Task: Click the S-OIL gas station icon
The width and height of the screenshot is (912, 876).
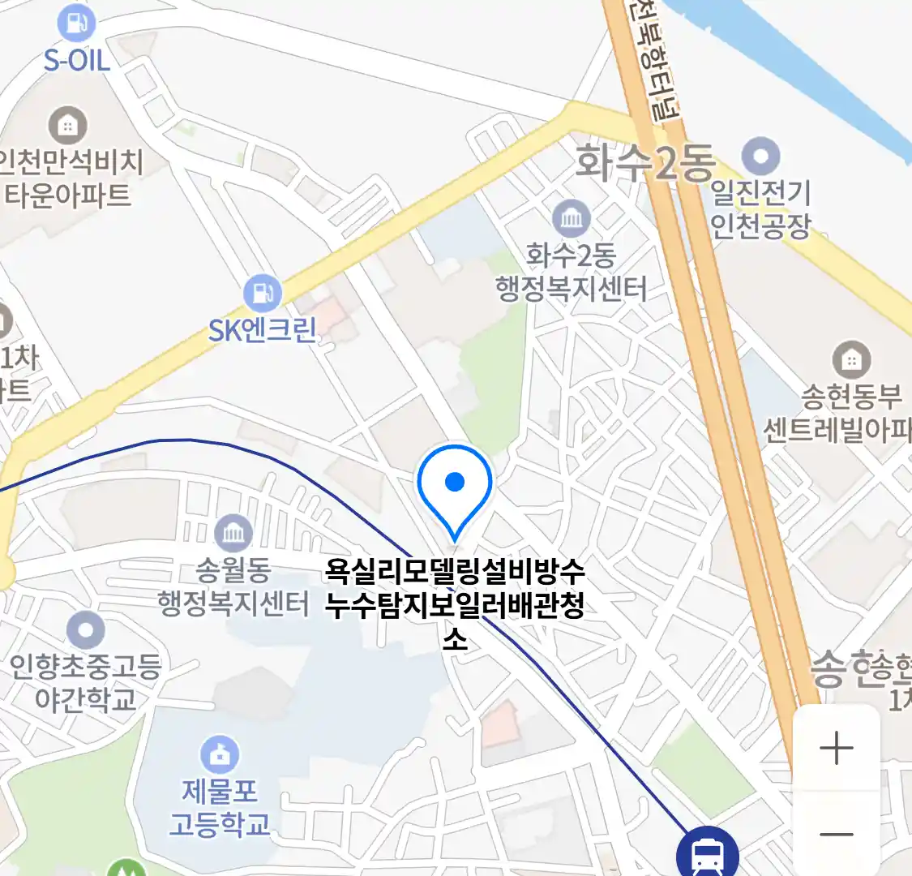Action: (x=76, y=24)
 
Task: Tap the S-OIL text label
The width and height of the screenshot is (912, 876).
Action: (x=76, y=60)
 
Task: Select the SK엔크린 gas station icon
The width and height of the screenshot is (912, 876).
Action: (x=262, y=293)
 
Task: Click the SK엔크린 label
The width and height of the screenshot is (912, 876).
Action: (x=262, y=330)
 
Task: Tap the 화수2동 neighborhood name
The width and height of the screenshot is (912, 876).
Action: (x=644, y=162)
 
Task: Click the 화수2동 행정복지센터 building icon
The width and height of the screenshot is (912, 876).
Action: (x=572, y=218)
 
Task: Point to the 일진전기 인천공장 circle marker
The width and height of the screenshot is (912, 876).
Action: (x=760, y=157)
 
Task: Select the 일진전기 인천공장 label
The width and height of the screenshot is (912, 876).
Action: (x=760, y=208)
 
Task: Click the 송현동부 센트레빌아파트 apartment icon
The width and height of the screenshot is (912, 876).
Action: (x=851, y=359)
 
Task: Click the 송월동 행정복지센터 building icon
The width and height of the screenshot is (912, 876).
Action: (x=233, y=533)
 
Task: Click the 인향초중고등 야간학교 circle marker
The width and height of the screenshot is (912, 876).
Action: (x=86, y=630)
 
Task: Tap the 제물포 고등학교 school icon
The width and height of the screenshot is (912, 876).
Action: (x=219, y=754)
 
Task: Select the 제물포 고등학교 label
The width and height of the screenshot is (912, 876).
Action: (x=219, y=808)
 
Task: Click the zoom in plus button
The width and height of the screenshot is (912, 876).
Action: (x=836, y=748)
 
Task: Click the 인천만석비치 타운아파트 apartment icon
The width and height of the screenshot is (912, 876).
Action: (x=68, y=125)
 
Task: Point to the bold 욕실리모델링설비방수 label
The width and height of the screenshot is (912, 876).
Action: (x=455, y=572)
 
